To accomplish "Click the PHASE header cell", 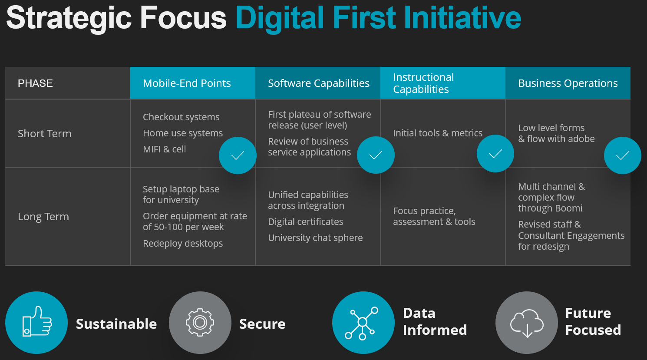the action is click(68, 83).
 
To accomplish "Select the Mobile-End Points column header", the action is click(193, 83).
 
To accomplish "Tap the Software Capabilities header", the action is click(318, 83).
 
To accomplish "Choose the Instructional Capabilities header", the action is click(443, 83).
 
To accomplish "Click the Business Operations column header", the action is click(568, 83).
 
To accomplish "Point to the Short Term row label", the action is click(44, 134).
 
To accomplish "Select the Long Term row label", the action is click(43, 217).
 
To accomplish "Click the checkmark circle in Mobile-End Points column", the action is click(238, 155).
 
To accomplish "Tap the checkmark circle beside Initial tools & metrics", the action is click(495, 153).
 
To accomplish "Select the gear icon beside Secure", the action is click(200, 323).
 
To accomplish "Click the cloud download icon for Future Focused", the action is click(527, 323).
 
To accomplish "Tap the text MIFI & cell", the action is click(164, 149).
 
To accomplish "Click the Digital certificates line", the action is click(306, 221).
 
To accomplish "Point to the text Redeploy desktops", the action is click(183, 243).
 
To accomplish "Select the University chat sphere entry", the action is click(315, 238).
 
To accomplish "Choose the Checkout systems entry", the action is click(181, 117).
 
